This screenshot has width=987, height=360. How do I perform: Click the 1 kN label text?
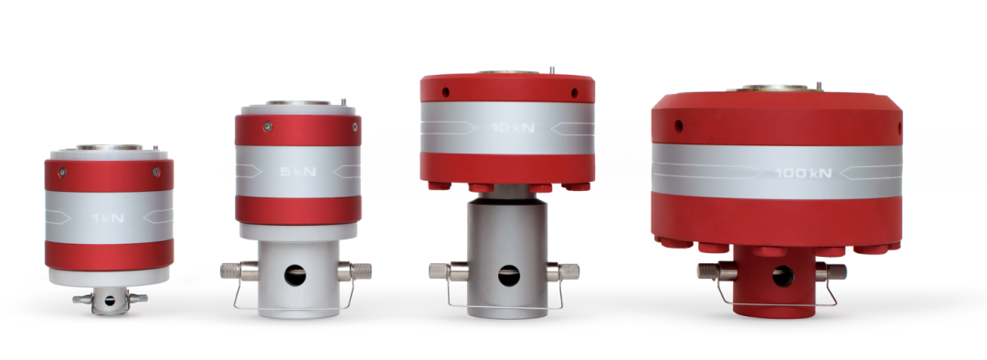point(108,218)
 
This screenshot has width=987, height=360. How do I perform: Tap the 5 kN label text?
point(298,171)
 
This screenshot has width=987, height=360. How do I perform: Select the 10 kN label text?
point(513,128)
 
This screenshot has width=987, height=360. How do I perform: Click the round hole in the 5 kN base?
point(295,275)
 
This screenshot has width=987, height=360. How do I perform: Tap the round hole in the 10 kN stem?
point(509,275)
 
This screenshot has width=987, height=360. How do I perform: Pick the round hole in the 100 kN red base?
point(782,276)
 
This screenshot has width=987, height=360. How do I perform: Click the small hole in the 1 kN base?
point(110,301)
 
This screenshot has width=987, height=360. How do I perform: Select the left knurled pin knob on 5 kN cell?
point(231,271)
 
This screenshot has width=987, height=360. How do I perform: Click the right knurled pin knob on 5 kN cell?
point(361,271)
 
